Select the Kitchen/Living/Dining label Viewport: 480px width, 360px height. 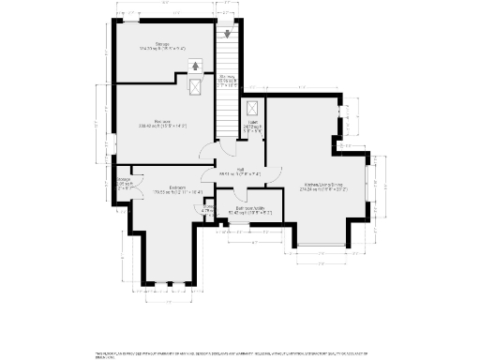[x=324, y=187]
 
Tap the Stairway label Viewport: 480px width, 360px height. [x=228, y=79]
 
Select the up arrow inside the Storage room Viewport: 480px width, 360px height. [x=195, y=66]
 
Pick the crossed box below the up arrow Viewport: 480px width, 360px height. [x=195, y=85]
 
